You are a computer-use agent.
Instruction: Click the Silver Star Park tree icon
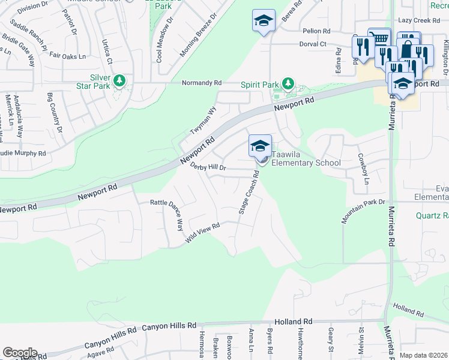[x=119, y=80]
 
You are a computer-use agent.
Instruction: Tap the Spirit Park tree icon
[x=289, y=83]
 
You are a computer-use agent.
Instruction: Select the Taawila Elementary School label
[x=306, y=163]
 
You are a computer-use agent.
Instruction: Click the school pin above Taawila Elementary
[x=260, y=145]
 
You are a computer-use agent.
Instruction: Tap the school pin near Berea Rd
[x=264, y=21]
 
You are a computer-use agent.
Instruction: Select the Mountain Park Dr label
[x=363, y=212]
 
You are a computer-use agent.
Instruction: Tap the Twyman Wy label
[x=203, y=120]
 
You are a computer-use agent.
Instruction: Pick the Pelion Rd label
[x=317, y=31]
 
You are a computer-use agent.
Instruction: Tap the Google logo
[x=19, y=353]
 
